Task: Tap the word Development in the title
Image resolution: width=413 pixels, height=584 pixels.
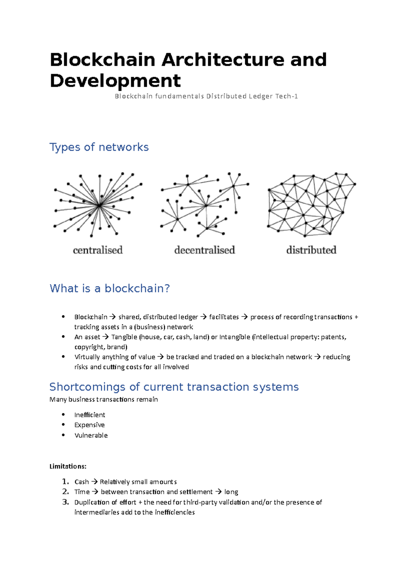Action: coord(115,81)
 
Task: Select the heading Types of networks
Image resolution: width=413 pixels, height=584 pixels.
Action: coord(99,147)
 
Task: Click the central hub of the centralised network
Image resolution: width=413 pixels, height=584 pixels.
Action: coord(99,206)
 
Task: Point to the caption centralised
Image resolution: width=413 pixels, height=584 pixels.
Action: coord(98,250)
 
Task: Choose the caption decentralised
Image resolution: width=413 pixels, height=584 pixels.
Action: coord(204,250)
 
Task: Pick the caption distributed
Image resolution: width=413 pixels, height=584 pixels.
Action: coord(311,250)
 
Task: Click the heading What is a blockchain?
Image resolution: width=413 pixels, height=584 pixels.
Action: coord(110,288)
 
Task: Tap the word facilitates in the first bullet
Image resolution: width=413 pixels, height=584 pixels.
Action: coord(224,317)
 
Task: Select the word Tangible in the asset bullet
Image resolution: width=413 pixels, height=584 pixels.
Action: coord(124,337)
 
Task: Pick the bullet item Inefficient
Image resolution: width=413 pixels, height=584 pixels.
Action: coord(90,415)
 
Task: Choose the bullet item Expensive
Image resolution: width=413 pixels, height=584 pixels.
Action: coord(89,425)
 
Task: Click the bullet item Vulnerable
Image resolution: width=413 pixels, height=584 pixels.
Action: coord(91,435)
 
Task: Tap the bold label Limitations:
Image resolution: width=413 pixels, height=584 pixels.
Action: coord(68,466)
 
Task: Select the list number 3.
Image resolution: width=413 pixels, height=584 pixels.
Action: coord(65,502)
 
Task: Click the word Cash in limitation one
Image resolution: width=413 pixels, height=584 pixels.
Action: coord(82,482)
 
